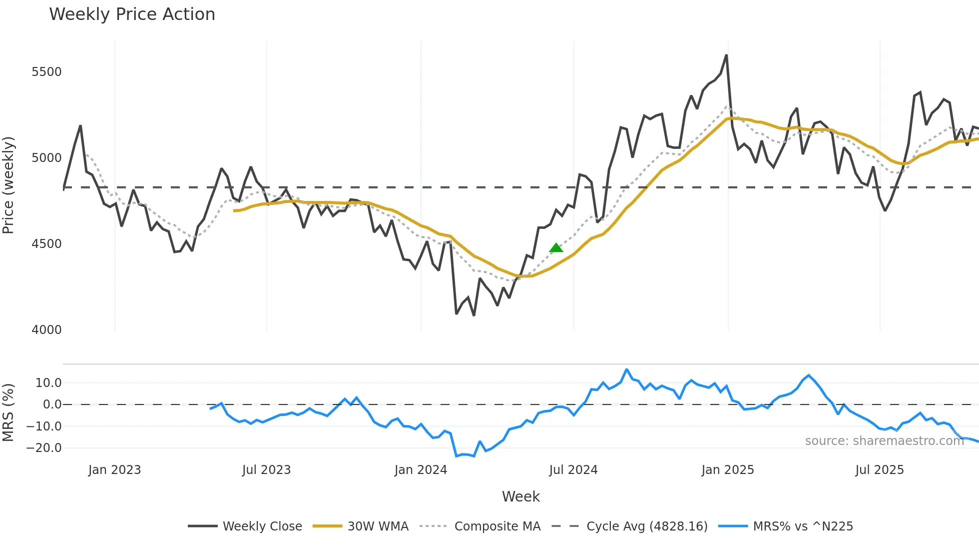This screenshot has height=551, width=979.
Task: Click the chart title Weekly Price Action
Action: click(132, 14)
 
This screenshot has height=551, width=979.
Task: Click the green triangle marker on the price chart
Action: click(556, 247)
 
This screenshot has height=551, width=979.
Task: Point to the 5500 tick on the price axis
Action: click(46, 72)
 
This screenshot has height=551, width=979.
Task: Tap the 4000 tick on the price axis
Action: click(46, 330)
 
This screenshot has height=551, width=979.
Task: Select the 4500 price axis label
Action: click(46, 244)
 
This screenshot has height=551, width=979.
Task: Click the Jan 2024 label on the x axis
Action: click(421, 470)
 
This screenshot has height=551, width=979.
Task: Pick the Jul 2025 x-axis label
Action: click(879, 470)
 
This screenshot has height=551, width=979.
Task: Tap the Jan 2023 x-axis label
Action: click(114, 470)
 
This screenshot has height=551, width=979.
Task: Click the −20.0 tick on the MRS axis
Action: click(44, 448)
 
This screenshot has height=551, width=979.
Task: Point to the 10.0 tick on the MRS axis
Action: click(48, 383)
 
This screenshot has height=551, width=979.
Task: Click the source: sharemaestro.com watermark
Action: click(884, 441)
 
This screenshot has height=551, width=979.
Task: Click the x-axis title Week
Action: click(520, 496)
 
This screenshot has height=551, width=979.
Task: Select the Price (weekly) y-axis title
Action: click(8, 185)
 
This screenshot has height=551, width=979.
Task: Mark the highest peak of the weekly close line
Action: click(726, 55)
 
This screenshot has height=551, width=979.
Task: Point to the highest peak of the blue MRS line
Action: click(626, 369)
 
